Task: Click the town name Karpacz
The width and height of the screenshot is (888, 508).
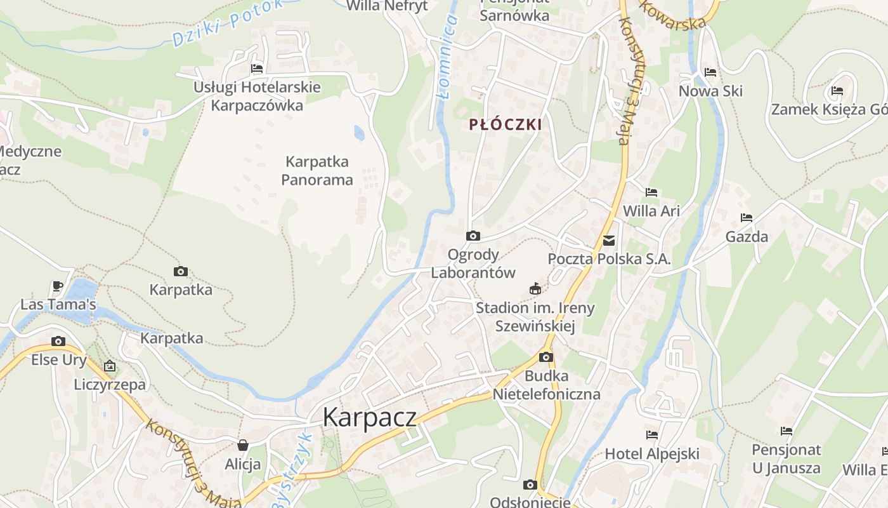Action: pyautogui.click(x=369, y=417)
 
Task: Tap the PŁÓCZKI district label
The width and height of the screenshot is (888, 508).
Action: pyautogui.click(x=506, y=124)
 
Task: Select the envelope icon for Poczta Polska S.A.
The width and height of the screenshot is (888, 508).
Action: pyautogui.click(x=609, y=241)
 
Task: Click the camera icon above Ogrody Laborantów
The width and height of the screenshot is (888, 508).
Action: pyautogui.click(x=473, y=236)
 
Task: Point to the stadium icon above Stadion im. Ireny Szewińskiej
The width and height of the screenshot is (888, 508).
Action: pyautogui.click(x=535, y=289)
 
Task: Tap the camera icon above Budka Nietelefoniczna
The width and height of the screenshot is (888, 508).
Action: pyautogui.click(x=546, y=357)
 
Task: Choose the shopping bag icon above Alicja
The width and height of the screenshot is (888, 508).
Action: pyautogui.click(x=242, y=445)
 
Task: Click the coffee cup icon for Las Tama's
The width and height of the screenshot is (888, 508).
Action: pyautogui.click(x=58, y=286)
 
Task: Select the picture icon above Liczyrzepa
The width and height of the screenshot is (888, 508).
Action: pyautogui.click(x=110, y=366)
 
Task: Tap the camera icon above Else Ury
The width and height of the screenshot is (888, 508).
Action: pyautogui.click(x=58, y=342)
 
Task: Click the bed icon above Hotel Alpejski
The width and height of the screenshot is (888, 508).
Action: pyautogui.click(x=652, y=435)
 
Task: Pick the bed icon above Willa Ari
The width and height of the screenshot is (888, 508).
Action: pyautogui.click(x=651, y=192)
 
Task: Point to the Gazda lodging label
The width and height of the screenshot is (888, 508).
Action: pyautogui.click(x=747, y=237)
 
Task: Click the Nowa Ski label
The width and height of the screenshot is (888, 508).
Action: pyautogui.click(x=710, y=91)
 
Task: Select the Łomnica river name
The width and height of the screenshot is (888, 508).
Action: pyautogui.click(x=448, y=57)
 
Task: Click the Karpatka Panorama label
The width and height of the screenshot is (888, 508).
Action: pyautogui.click(x=317, y=171)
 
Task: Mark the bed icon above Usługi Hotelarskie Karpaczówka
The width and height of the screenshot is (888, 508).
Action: pyautogui.click(x=257, y=69)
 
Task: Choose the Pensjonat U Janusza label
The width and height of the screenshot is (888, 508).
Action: pyautogui.click(x=787, y=459)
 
